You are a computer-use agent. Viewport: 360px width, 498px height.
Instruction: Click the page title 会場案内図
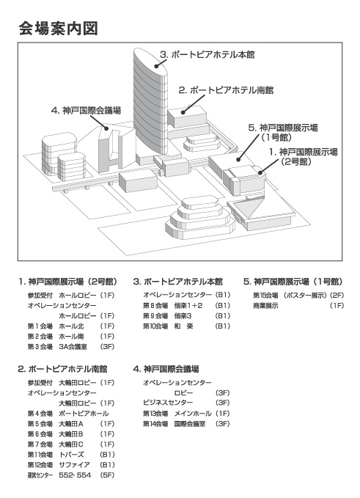point(59,29)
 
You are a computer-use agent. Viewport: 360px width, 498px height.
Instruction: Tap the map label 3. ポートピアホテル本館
point(207,55)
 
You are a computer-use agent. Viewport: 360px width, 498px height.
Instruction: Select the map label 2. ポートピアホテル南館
point(226,90)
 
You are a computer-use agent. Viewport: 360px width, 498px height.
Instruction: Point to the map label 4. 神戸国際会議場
point(86,111)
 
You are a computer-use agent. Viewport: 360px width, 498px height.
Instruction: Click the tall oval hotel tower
point(150,105)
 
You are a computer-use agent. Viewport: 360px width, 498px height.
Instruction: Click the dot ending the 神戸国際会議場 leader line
point(106,128)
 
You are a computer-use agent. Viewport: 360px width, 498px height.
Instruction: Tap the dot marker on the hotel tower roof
point(156,66)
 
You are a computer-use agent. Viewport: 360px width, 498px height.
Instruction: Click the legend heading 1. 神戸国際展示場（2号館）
point(68,282)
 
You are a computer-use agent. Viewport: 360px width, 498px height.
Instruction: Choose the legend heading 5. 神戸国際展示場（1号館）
point(293,282)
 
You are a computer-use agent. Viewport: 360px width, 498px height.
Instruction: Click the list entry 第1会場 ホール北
point(56,326)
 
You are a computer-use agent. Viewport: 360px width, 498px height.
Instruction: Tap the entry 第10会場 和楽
point(168,326)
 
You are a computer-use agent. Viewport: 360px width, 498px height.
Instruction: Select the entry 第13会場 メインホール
point(177,414)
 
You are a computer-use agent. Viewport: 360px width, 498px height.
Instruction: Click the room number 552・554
point(75,475)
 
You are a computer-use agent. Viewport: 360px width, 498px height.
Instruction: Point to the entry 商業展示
point(265,306)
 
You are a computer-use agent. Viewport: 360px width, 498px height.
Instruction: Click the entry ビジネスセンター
point(168,403)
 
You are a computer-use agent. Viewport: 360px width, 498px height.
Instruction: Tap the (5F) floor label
point(107,475)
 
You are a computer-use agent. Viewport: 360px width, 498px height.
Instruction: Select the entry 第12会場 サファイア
point(59,465)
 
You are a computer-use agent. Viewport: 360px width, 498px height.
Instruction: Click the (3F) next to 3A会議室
point(107,346)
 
